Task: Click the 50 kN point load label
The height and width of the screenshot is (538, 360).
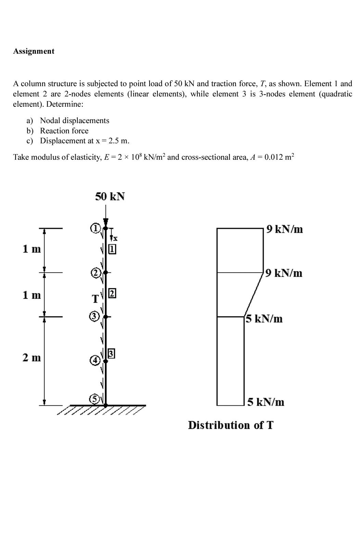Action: [x=110, y=197]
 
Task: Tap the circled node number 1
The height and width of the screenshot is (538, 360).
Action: [x=95, y=228]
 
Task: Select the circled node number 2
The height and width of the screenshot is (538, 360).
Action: [x=95, y=273]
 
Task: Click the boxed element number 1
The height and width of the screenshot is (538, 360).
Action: [x=112, y=249]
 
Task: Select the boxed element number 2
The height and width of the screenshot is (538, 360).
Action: [x=112, y=293]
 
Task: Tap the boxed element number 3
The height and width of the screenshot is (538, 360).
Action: [x=111, y=353]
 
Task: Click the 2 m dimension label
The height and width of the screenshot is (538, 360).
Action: [x=31, y=358]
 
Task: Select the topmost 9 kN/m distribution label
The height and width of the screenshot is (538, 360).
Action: [x=284, y=229]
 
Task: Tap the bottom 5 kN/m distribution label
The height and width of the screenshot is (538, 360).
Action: [x=266, y=402]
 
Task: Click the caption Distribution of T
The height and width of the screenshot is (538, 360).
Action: [x=231, y=425]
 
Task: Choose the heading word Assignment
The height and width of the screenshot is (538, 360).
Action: [x=34, y=51]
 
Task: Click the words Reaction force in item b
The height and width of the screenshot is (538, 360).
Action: [x=64, y=131]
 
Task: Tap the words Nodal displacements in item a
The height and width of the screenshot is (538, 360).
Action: [x=75, y=120]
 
